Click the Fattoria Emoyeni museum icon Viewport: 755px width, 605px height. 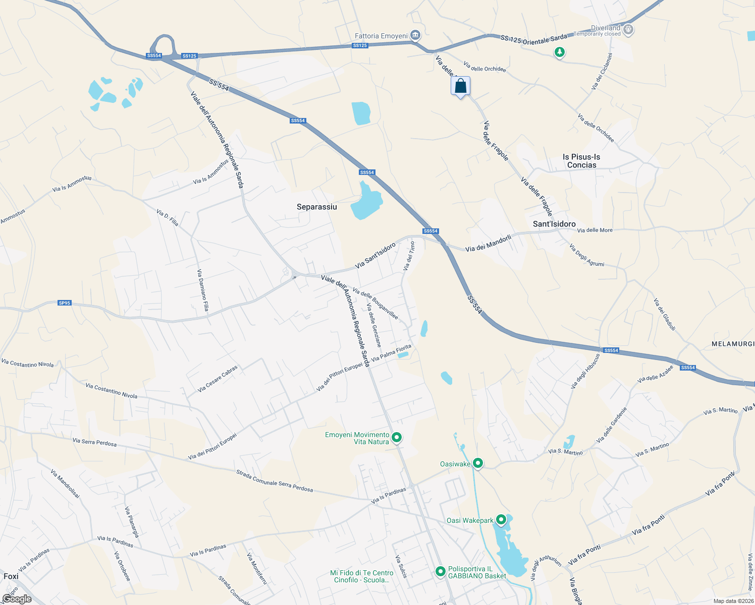(415, 35)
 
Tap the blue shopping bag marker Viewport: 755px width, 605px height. (460, 86)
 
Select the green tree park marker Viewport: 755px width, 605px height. (559, 52)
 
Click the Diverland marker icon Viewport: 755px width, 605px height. (628, 30)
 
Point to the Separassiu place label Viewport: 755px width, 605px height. (317, 207)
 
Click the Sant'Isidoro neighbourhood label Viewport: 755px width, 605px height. (554, 224)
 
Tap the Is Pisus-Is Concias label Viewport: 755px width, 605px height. (581, 161)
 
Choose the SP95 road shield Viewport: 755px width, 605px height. (65, 303)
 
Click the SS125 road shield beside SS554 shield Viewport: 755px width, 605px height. (189, 56)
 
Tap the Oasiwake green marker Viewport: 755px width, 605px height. (478, 463)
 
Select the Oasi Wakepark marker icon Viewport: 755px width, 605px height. (501, 519)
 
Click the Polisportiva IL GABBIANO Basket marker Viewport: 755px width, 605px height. (441, 571)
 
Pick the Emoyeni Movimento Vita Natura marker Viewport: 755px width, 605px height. (397, 438)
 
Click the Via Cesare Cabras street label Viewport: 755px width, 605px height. (218, 379)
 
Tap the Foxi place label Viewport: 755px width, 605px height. (11, 576)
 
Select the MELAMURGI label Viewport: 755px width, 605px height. (733, 344)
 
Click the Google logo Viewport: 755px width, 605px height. (17, 599)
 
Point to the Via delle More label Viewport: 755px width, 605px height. (595, 230)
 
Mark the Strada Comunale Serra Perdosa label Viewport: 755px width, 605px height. (275, 481)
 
